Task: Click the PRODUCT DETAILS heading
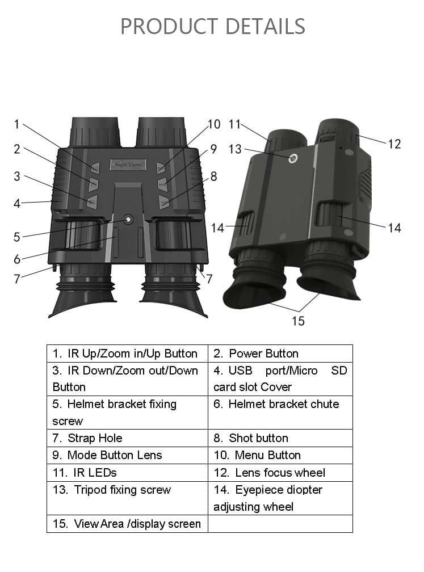212,26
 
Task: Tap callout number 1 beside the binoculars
17,124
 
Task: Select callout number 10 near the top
213,124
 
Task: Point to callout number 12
394,144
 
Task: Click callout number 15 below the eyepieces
298,321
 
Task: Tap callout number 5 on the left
17,237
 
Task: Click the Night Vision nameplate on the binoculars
128,165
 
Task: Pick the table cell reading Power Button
280,354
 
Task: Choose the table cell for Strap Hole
127,438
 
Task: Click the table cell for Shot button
280,438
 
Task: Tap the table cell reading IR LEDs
127,473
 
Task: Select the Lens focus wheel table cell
280,473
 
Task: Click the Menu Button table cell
280,455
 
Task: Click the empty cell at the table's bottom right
280,524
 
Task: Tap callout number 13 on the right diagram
235,149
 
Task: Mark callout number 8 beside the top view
213,176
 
